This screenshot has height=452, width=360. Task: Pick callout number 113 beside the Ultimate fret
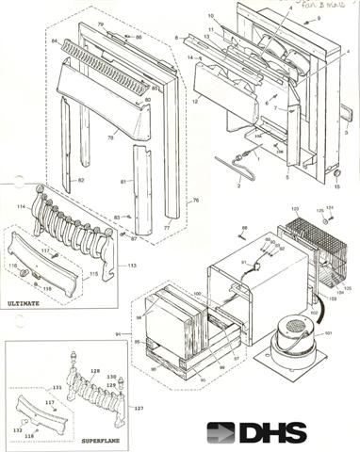pos(132,266)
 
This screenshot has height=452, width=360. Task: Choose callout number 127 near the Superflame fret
pos(139,409)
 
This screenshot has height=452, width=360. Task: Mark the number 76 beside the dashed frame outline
pos(196,200)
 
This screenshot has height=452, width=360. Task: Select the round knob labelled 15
pos(337,173)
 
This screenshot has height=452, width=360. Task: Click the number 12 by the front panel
pos(196,100)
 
